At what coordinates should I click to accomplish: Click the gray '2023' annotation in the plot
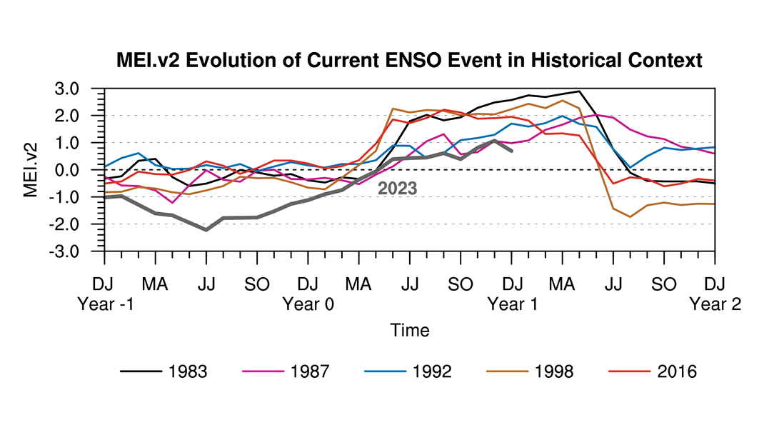397,189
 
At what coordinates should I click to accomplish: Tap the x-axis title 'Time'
410,330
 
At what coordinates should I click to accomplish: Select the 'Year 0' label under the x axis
308,304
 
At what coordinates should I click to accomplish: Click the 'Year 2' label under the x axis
715,304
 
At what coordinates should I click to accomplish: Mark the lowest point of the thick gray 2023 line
206,229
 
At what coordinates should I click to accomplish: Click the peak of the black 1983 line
579,91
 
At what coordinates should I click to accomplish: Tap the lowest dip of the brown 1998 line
630,216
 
